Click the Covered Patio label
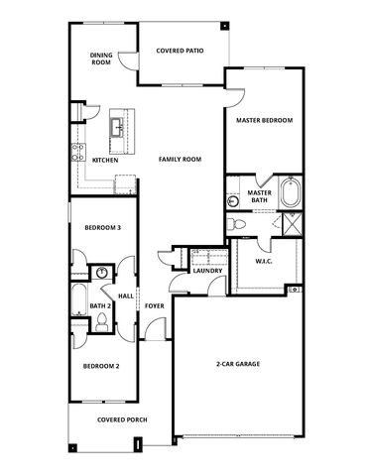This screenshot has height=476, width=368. (x=180, y=51)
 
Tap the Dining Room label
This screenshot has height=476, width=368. (x=101, y=59)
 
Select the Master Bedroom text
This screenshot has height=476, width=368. (x=264, y=120)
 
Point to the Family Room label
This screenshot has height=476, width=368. (x=180, y=160)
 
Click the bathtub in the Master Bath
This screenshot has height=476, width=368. (x=291, y=192)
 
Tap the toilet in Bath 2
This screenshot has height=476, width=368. (x=101, y=323)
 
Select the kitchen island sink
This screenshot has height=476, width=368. (x=117, y=127)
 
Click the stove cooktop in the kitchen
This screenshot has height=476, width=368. (x=78, y=153)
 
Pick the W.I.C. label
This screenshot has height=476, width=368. (x=264, y=261)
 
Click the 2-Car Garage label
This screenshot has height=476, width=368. (x=238, y=364)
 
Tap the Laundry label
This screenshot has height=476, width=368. (x=207, y=271)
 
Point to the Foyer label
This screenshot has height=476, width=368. (x=155, y=306)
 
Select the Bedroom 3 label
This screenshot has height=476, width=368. (x=103, y=228)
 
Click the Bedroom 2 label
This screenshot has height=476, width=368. (x=101, y=366)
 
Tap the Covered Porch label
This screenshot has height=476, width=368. (x=122, y=419)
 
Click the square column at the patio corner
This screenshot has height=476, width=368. (x=224, y=26)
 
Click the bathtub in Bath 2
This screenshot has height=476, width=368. (x=79, y=299)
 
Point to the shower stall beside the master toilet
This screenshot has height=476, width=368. (x=293, y=224)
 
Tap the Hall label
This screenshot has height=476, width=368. (x=126, y=296)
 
